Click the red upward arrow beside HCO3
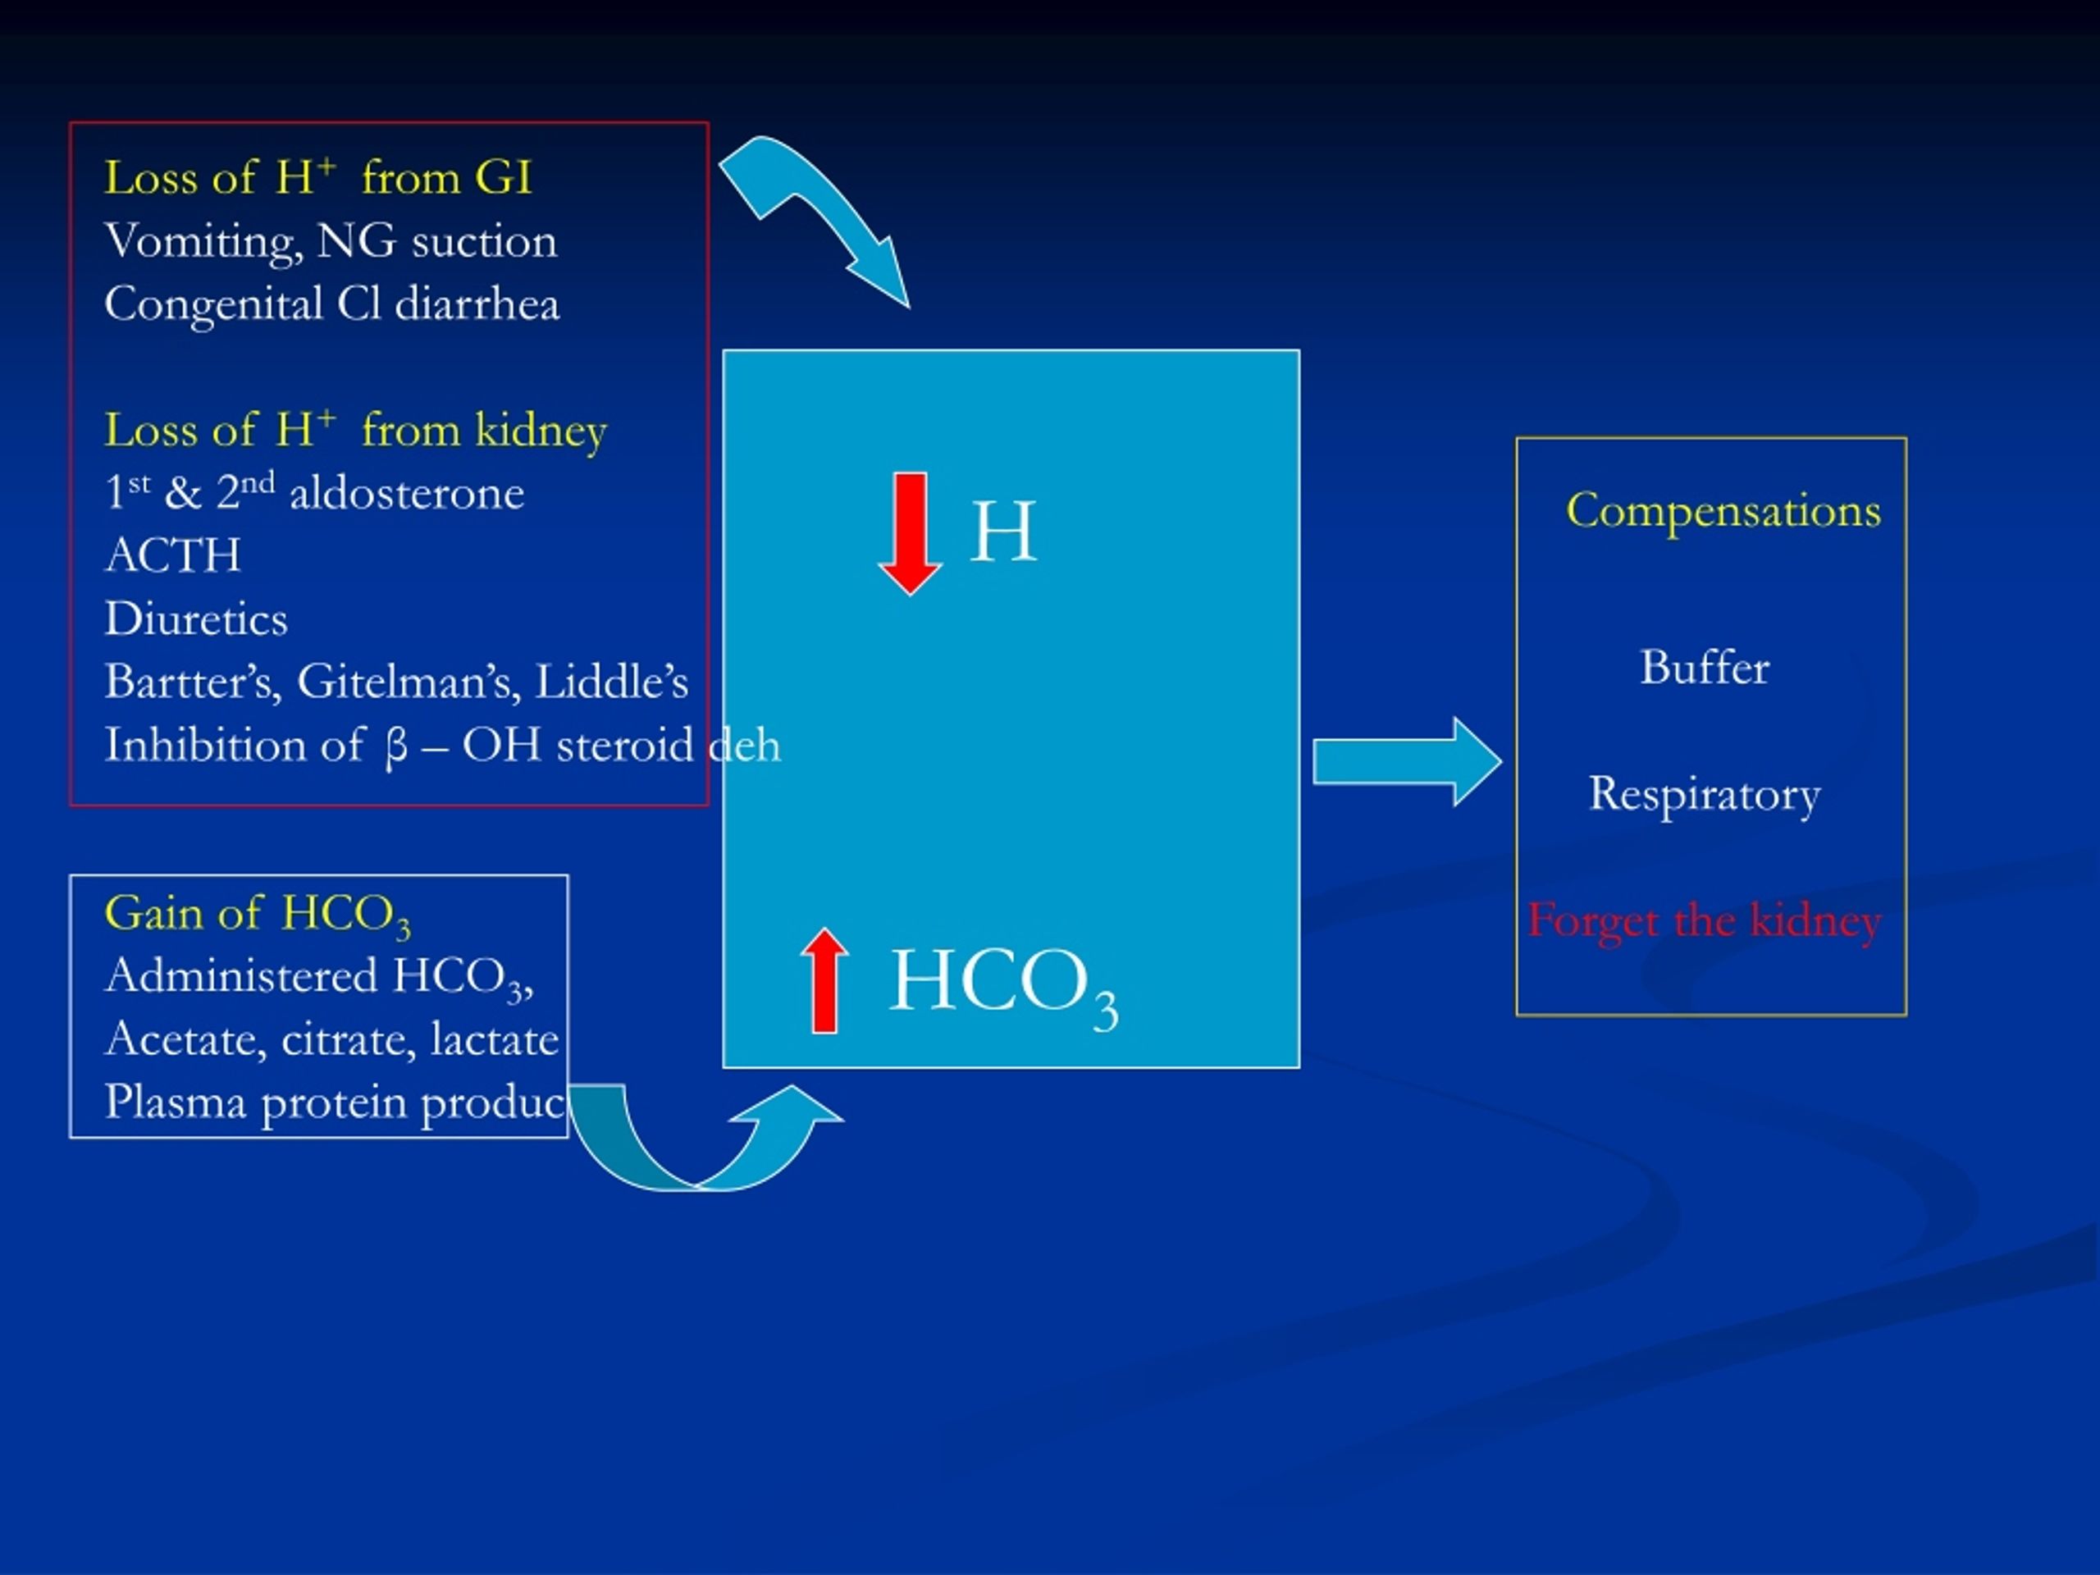tap(824, 979)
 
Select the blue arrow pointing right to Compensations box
tap(1407, 762)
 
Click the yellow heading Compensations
tap(1723, 511)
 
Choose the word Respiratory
tap(1705, 795)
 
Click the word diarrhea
tap(477, 304)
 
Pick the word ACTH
tap(173, 555)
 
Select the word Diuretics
tap(195, 618)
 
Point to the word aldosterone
tap(406, 493)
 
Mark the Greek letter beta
tap(397, 747)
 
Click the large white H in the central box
tap(1002, 532)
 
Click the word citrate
tap(349, 1039)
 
